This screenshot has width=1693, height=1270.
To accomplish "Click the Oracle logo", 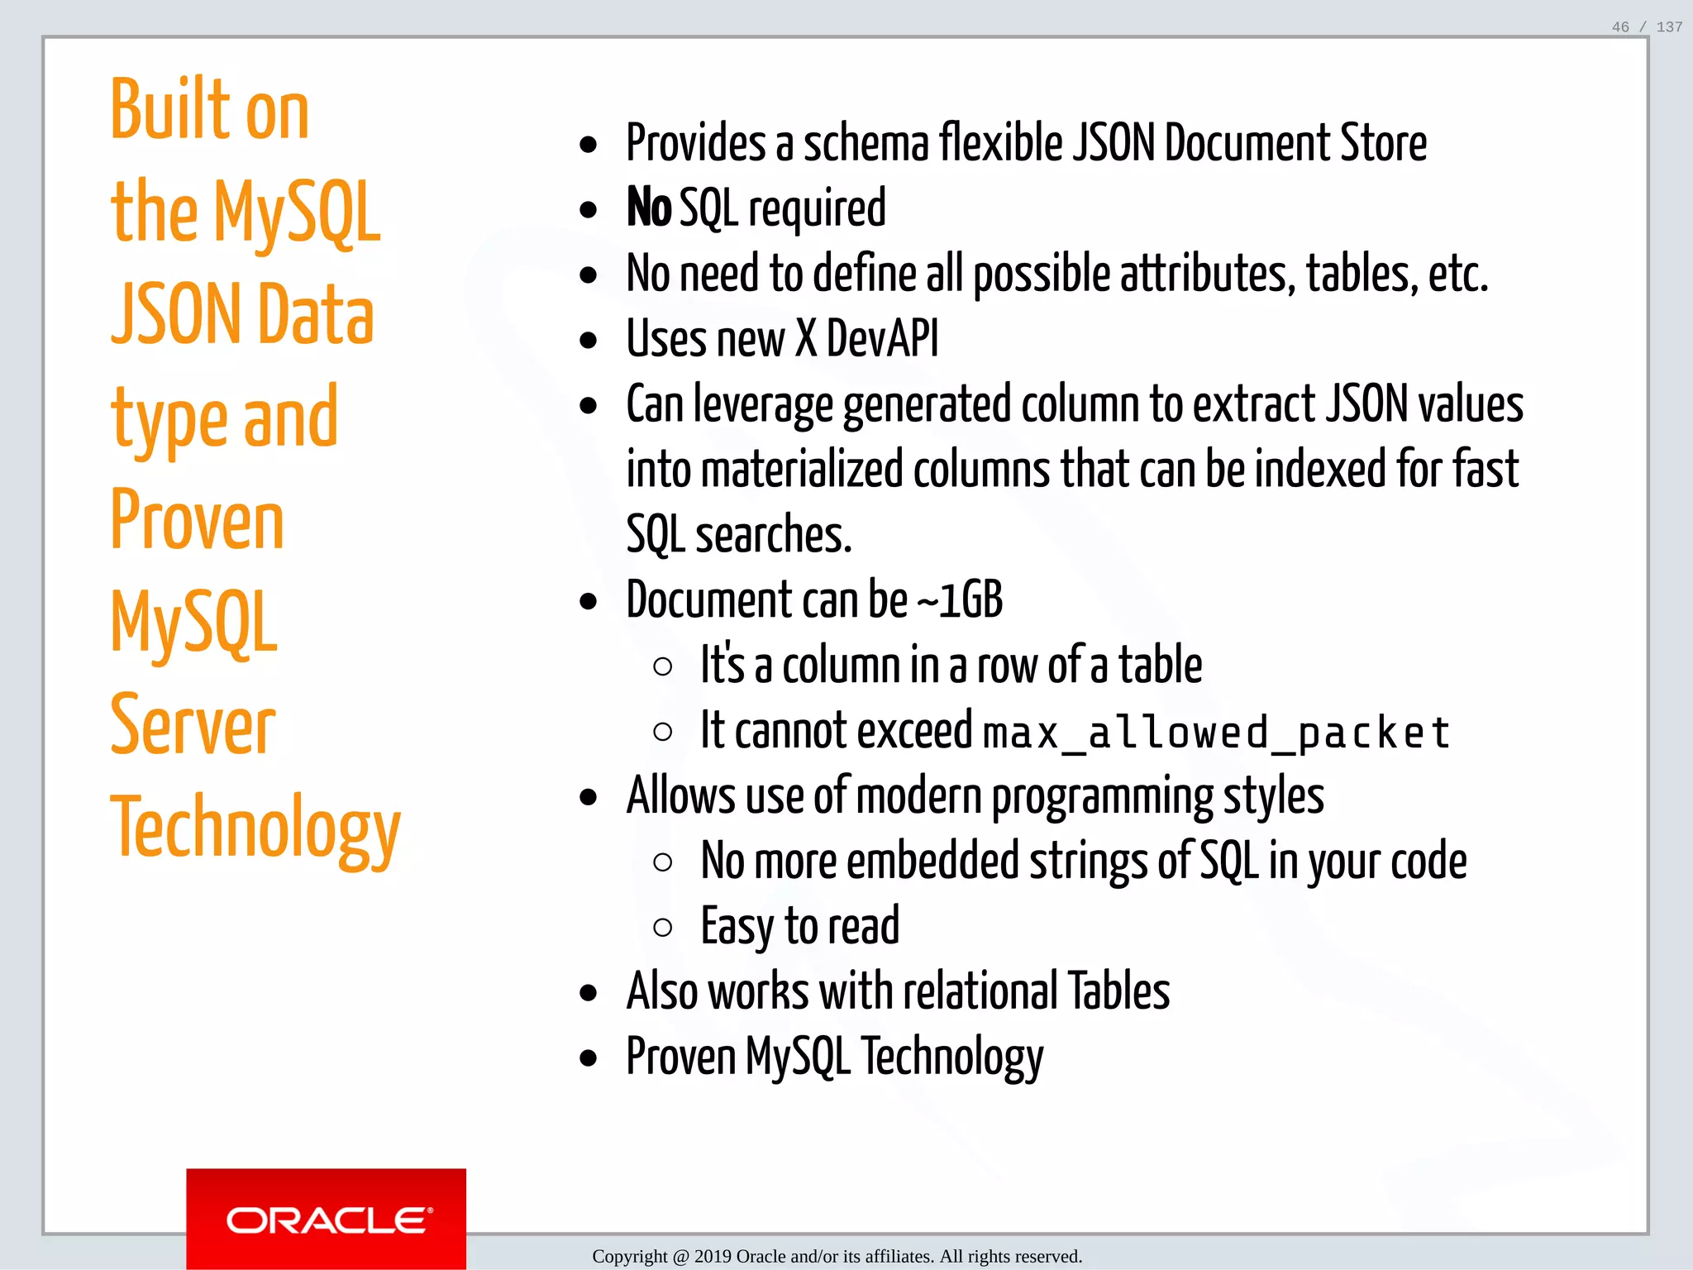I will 327,1220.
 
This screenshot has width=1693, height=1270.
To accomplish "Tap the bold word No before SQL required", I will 649,208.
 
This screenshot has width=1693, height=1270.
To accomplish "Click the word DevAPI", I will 882,339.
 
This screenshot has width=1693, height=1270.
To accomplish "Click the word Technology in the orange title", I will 255,828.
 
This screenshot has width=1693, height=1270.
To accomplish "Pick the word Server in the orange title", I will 193,725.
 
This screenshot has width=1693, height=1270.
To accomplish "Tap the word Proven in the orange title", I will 197,520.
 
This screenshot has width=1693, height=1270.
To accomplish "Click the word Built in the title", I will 170,110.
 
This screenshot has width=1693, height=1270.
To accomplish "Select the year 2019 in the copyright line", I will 713,1257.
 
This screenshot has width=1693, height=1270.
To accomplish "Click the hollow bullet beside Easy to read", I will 662,928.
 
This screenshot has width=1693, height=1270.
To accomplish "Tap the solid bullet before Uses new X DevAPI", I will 589,341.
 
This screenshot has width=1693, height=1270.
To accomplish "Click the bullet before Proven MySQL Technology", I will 589,1058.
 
